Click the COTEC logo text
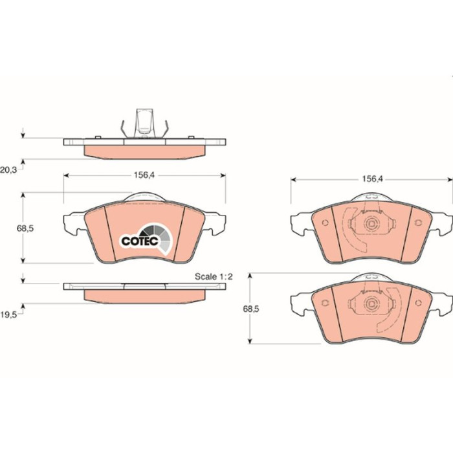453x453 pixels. click(x=140, y=241)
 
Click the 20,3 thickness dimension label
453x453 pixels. click(x=8, y=170)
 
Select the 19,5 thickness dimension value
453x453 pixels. click(x=8, y=315)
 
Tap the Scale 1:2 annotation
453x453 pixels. click(x=214, y=276)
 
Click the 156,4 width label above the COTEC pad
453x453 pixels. click(x=144, y=175)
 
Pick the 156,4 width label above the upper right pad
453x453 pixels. click(x=372, y=179)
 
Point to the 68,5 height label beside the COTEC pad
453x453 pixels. click(x=25, y=228)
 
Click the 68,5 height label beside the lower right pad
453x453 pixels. click(x=251, y=309)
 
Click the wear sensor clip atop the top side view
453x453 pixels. click(x=144, y=124)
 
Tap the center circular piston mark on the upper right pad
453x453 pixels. click(x=371, y=224)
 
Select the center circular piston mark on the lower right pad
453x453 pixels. click(x=371, y=304)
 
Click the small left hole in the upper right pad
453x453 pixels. click(x=325, y=223)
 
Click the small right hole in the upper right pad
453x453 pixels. click(x=418, y=223)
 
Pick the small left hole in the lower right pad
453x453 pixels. click(x=325, y=302)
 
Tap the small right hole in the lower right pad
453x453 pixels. click(x=418, y=302)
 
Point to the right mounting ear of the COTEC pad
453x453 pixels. click(x=215, y=223)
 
